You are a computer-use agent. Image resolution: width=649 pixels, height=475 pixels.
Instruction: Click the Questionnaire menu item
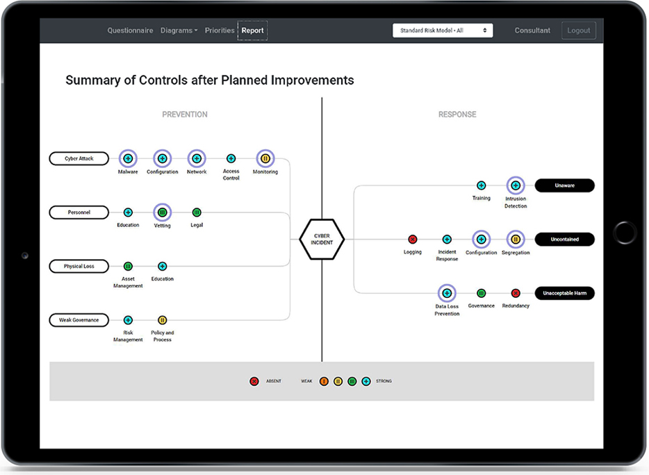(x=130, y=31)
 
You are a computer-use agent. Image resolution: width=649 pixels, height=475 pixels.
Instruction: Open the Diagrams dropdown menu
(x=179, y=31)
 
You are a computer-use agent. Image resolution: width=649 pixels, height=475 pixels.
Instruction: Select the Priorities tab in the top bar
(x=220, y=31)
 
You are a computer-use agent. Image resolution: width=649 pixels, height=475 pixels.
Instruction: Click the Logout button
(x=578, y=31)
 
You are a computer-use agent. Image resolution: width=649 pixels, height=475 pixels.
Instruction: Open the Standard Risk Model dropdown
(x=443, y=31)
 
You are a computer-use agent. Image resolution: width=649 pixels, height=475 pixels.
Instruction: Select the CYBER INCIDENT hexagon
(x=322, y=239)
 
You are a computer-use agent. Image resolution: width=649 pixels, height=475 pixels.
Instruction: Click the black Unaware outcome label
(x=564, y=185)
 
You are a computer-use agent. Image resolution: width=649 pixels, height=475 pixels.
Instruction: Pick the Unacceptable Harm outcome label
(x=564, y=294)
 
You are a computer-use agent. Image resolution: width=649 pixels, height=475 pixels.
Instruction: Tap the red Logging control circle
(x=413, y=240)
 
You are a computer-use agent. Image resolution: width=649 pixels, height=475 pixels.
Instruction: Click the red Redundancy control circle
(x=516, y=294)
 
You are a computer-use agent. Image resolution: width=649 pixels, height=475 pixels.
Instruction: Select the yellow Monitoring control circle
(x=265, y=159)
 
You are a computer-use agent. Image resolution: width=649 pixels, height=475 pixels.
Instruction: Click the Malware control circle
(x=128, y=159)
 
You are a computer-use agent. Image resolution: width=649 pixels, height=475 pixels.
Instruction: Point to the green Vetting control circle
(x=162, y=212)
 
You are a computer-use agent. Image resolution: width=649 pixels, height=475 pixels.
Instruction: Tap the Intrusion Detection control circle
(x=516, y=185)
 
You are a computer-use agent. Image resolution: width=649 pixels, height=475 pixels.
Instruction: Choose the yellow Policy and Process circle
(x=162, y=320)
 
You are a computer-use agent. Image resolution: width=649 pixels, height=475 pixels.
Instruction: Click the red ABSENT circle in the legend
(x=254, y=381)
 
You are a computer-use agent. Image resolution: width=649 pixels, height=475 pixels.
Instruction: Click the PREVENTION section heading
(x=185, y=115)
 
